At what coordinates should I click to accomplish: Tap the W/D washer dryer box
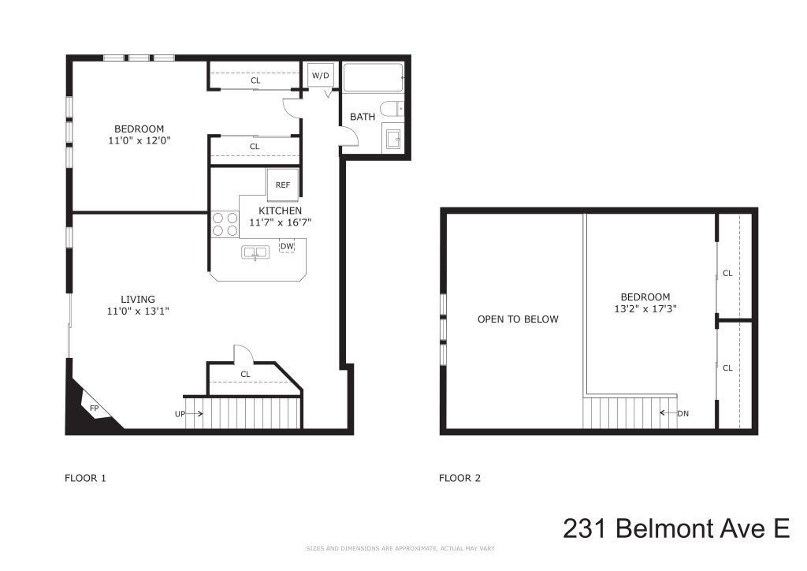pos(321,76)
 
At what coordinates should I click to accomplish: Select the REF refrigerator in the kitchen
pos(282,185)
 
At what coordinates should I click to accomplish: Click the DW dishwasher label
pos(286,246)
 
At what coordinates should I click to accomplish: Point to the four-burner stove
pos(225,225)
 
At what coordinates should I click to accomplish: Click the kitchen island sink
pos(255,252)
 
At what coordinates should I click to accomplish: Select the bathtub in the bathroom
pos(374,77)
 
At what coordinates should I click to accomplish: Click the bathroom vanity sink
pos(392,140)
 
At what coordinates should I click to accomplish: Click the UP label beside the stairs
pos(180,414)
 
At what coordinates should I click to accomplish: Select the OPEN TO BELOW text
pos(518,319)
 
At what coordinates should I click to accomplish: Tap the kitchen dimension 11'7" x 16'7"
pos(280,223)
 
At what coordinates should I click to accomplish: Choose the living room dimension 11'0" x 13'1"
pos(138,311)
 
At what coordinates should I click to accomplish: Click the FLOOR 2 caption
pos(459,478)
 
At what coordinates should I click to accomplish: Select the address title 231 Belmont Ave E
pos(676,528)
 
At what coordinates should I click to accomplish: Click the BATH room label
pos(363,117)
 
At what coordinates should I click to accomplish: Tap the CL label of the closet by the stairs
pos(245,374)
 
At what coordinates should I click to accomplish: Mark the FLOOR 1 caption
pos(84,478)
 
